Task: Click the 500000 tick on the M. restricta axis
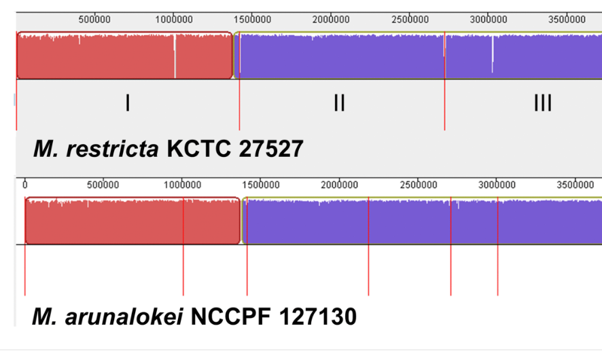pos(94,20)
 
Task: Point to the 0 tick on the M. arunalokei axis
pos(25,185)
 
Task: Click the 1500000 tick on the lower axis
pos(261,185)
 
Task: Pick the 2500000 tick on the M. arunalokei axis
pos(419,185)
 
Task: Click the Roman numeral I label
pos(128,103)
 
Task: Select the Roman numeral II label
pos(339,103)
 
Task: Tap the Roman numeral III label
pos(542,103)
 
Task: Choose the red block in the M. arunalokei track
pos(102,221)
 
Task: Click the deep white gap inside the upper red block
pos(175,58)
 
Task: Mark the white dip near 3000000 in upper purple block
pos(493,58)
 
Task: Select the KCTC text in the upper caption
pos(200,149)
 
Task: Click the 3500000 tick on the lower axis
pos(576,185)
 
